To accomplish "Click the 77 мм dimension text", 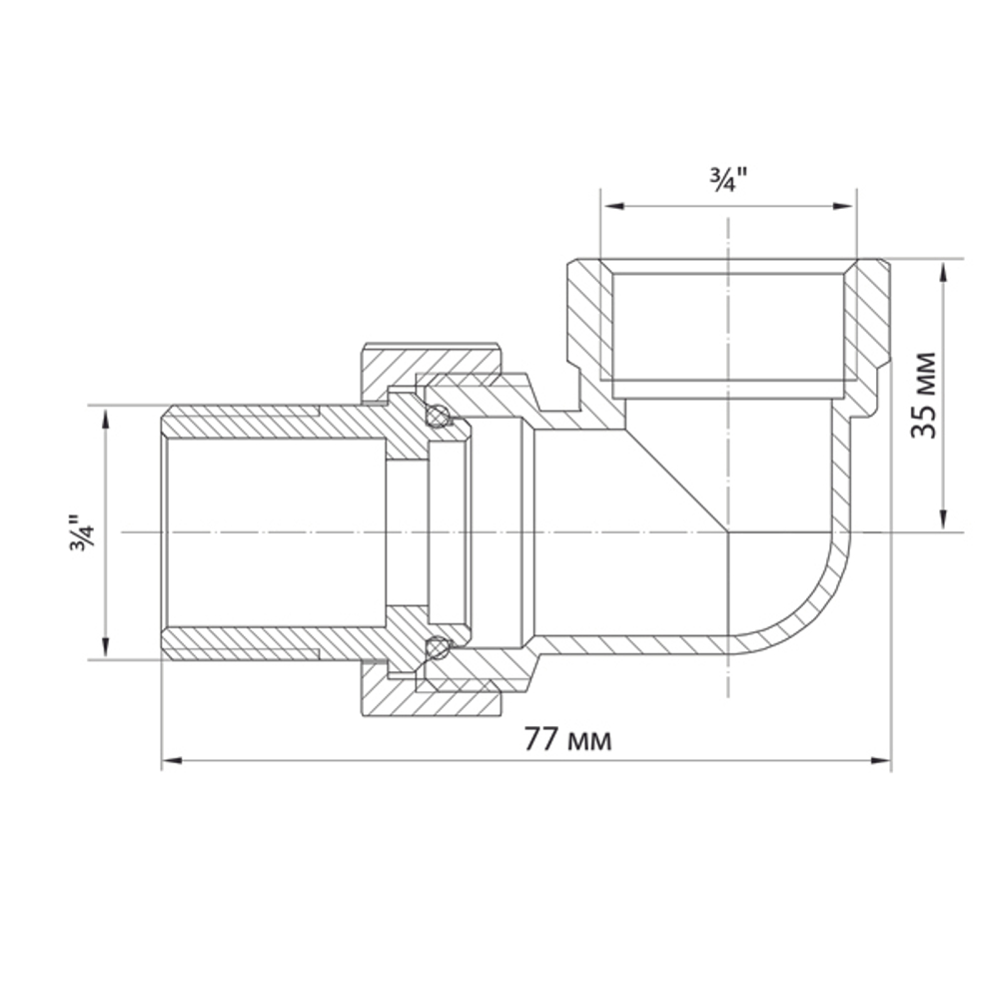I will tap(567, 740).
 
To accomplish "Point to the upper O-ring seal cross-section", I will tap(435, 417).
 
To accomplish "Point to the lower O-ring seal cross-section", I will tap(435, 648).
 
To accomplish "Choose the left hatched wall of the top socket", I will tap(584, 320).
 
